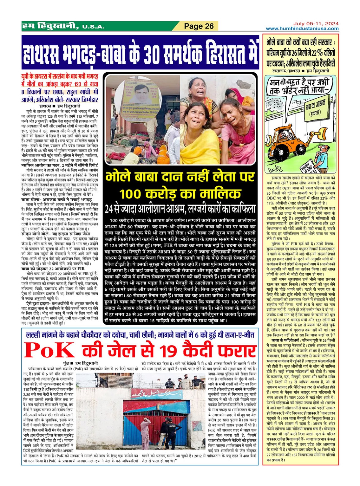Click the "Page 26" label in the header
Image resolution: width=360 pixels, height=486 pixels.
tap(199, 26)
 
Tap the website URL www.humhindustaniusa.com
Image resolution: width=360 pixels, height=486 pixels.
tap(302, 29)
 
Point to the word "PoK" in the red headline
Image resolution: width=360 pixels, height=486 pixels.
tap(49, 351)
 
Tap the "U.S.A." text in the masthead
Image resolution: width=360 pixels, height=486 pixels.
tap(93, 27)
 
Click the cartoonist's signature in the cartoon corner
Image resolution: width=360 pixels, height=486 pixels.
tap(274, 166)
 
